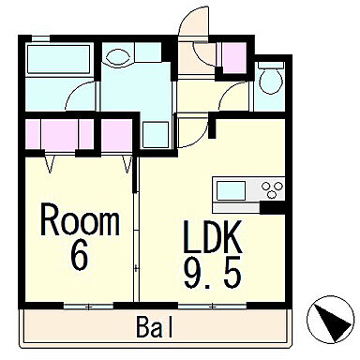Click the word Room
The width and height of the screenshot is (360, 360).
coord(80,219)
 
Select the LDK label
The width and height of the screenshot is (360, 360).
coord(213,236)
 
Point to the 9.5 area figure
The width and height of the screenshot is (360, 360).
coord(213,273)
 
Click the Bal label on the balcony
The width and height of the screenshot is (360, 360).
coord(155,327)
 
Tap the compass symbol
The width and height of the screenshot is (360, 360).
coord(331,319)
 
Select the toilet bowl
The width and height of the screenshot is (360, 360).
coord(271,78)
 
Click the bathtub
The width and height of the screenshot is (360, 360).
coord(59,59)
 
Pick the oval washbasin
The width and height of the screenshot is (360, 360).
coord(118,57)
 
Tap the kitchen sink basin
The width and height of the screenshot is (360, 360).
coord(231,190)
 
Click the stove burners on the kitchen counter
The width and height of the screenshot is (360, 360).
coord(273,189)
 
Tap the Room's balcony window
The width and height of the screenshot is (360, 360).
coord(88,307)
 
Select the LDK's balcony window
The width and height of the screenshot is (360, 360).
coord(212,307)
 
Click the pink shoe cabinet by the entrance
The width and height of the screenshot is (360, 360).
coord(233,58)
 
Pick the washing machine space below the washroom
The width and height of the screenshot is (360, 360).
coord(156,135)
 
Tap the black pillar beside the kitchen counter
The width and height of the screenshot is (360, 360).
coord(272,207)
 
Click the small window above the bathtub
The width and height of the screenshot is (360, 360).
coord(40,38)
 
